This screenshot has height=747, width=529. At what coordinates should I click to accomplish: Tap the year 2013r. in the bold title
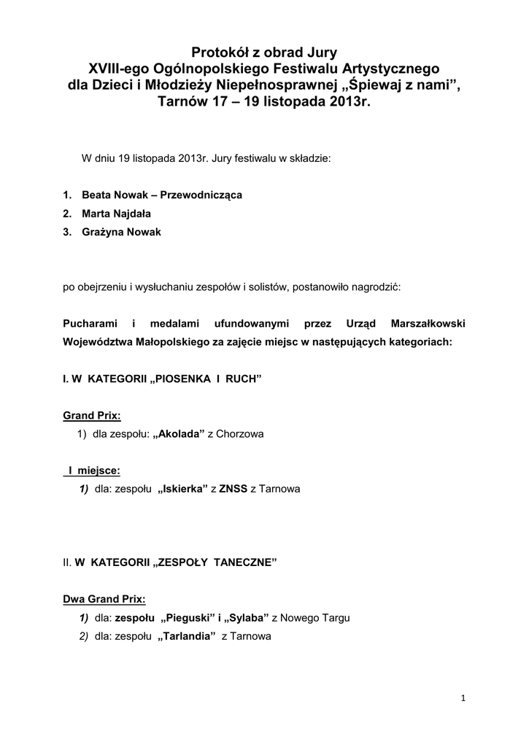point(344,102)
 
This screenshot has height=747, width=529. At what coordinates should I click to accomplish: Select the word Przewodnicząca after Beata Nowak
point(201,196)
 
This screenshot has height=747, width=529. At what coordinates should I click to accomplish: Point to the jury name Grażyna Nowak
point(121,232)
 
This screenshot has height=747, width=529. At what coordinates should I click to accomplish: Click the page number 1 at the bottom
point(463,699)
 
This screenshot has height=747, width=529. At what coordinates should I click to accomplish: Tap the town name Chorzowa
point(240,434)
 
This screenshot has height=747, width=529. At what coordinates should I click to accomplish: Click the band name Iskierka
point(182,489)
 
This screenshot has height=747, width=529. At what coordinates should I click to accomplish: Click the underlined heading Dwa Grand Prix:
point(104,599)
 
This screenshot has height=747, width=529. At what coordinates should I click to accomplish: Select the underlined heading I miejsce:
point(94,471)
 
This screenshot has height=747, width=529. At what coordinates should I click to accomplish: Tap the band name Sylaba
point(246,618)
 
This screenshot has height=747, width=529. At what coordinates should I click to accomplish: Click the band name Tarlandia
point(186,636)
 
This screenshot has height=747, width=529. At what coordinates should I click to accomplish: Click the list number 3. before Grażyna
point(66,232)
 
